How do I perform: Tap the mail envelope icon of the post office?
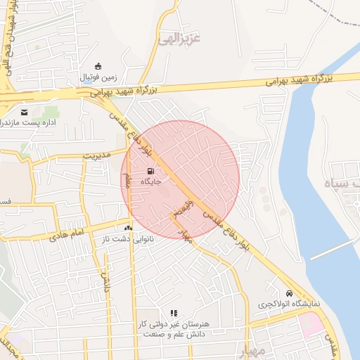tap(25, 112)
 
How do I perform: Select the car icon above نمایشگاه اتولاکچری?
tap(289, 293)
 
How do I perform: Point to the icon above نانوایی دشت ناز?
tap(128, 228)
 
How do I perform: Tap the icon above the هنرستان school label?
tap(174, 313)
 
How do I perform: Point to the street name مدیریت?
tap(98, 155)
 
